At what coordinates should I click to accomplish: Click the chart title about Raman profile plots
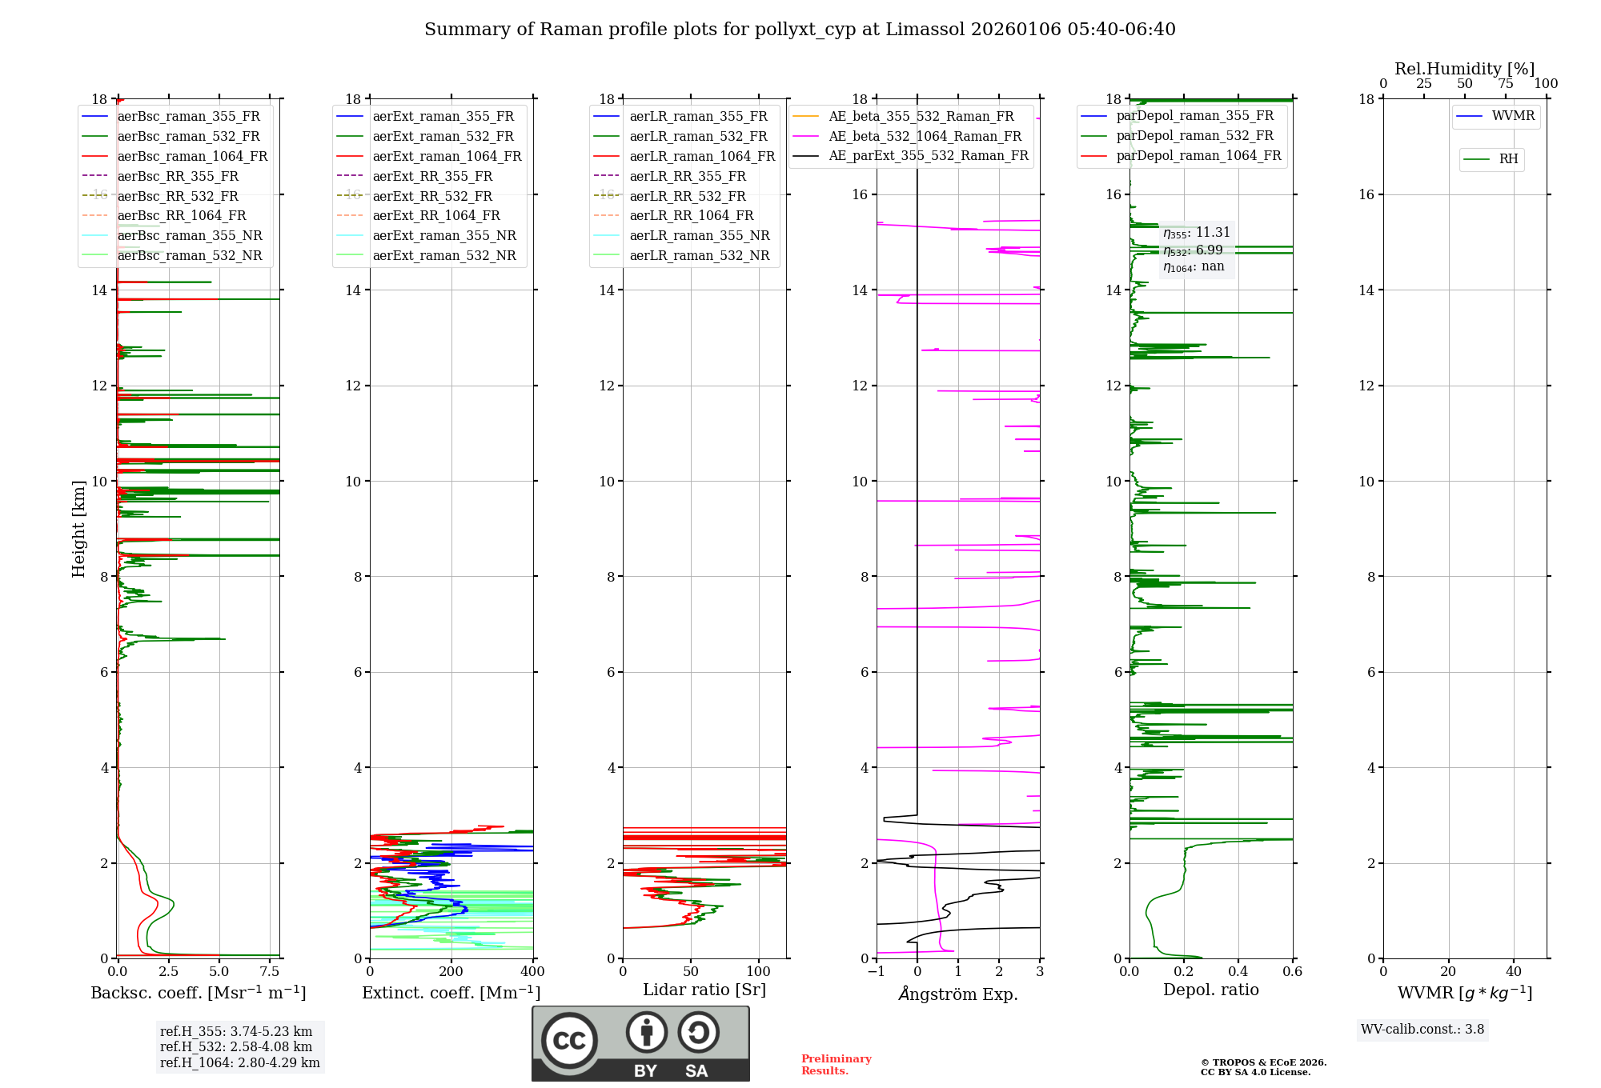(x=800, y=30)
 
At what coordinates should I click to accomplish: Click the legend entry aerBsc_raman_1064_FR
(x=192, y=156)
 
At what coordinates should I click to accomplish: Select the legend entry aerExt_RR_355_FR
(x=432, y=176)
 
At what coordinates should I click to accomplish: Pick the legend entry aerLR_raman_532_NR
(x=699, y=255)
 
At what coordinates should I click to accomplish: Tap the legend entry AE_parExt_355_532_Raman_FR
(x=928, y=155)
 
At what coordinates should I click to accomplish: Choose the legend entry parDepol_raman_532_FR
(x=1194, y=136)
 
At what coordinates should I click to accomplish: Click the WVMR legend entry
(x=1513, y=116)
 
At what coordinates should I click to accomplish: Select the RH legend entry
(x=1508, y=159)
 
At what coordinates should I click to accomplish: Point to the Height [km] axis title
(x=78, y=528)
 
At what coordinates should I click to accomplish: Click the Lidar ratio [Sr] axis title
(x=704, y=990)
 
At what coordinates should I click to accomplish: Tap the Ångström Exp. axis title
(x=958, y=994)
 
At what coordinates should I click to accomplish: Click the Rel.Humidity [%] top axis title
(x=1464, y=69)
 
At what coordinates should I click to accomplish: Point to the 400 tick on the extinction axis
(x=532, y=972)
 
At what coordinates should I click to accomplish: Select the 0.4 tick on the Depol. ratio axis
(x=1238, y=972)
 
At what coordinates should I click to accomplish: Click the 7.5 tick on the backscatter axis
(x=270, y=972)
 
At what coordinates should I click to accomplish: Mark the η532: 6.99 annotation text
(x=1193, y=250)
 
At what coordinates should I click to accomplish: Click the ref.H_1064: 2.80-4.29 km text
(x=239, y=1063)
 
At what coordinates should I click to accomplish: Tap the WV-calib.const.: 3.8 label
(x=1422, y=1030)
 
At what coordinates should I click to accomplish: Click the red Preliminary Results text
(x=836, y=1065)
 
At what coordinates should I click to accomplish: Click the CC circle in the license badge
(x=569, y=1041)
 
